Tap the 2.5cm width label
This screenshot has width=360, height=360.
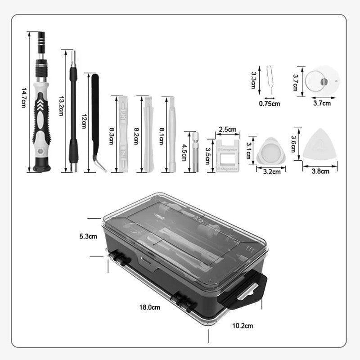point(227,130)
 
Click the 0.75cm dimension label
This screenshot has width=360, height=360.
point(270,103)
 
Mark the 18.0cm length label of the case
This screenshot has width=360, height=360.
point(150,307)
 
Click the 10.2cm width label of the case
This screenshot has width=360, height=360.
point(243,325)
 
